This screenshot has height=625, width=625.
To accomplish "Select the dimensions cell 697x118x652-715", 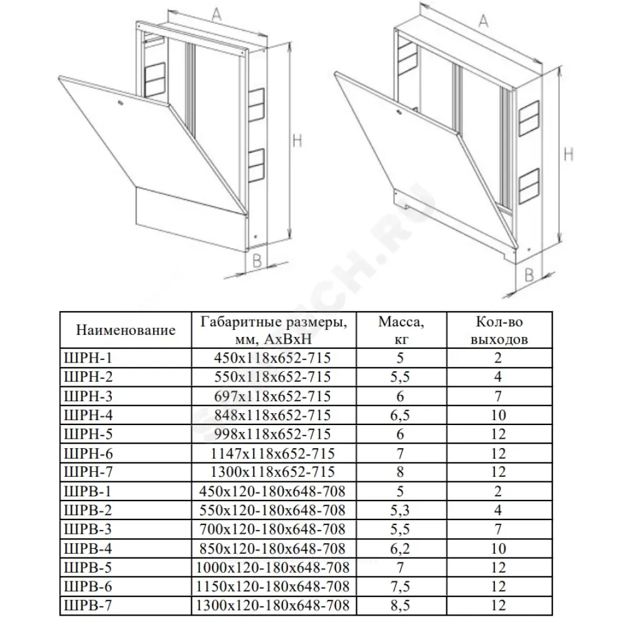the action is [270, 396].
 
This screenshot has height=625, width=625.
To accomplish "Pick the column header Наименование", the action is [125, 330].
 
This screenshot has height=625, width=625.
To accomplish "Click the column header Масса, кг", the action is [400, 330].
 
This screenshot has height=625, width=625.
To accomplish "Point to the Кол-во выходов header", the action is [498, 330].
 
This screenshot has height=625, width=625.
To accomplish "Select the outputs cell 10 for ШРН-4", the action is [498, 415].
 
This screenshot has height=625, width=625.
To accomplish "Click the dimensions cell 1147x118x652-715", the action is [270, 453].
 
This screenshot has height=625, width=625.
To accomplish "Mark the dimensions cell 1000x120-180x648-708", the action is [270, 567].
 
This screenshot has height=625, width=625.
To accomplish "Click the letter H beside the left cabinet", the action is [297, 141].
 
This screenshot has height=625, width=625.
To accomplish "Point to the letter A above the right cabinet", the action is [483, 22].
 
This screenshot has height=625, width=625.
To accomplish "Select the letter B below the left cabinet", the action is [256, 261].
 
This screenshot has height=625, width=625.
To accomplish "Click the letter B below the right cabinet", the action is [529, 273].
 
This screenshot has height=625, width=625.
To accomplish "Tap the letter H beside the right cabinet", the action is [568, 152].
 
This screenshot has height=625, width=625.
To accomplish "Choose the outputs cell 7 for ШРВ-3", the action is [498, 529].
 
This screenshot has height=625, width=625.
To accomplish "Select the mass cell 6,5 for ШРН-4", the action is [400, 415].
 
